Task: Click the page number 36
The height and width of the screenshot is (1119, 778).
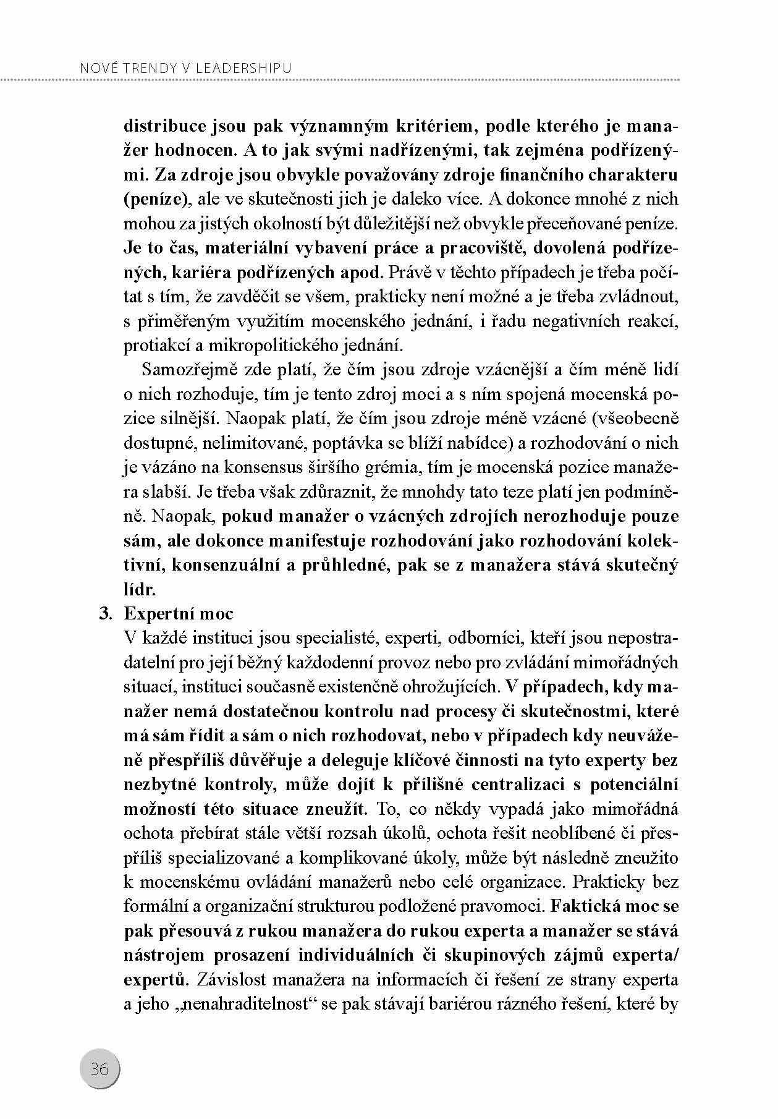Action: tap(99, 1069)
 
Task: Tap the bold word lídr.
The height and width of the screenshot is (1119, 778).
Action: tap(140, 589)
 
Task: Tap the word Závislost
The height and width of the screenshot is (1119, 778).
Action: tap(229, 980)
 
